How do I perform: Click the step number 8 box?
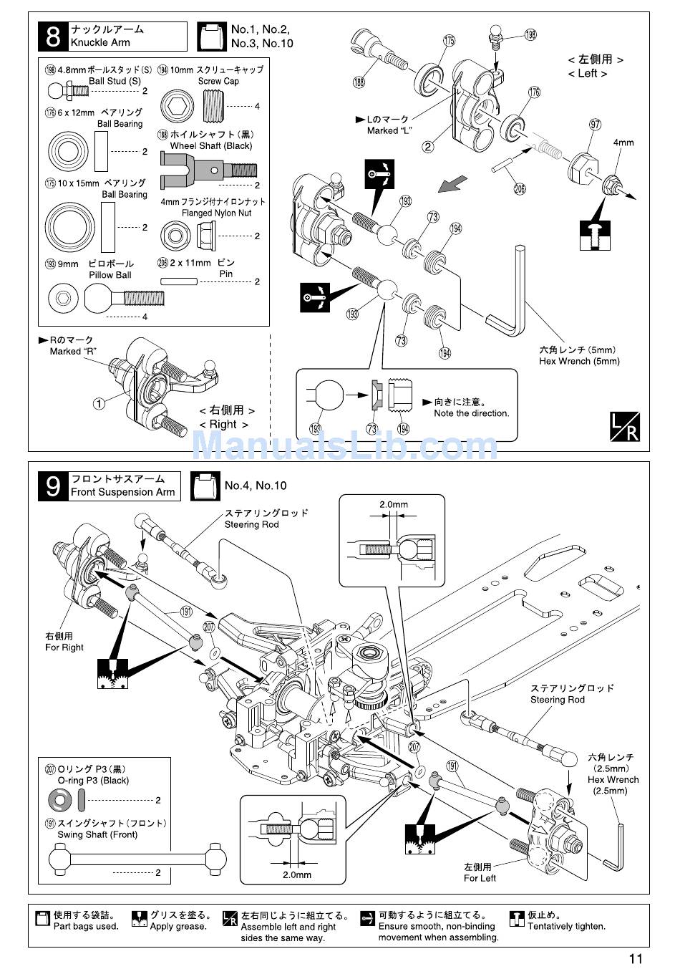coord(53,37)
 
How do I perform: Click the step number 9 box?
coord(53,486)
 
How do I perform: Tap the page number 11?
coord(636,959)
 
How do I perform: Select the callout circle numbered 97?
coord(596,125)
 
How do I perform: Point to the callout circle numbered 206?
coord(520,188)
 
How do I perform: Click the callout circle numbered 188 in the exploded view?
coord(359,82)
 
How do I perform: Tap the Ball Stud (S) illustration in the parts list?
coord(68,91)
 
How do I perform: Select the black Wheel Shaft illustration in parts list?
coord(208,170)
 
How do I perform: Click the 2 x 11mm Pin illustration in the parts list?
coord(178,281)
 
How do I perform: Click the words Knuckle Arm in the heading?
coord(100,42)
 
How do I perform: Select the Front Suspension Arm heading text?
coord(123,492)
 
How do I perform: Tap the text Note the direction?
coord(472,413)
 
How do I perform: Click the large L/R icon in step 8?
coord(625,427)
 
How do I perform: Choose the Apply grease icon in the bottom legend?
coord(139,919)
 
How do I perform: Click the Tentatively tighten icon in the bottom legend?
coord(517,919)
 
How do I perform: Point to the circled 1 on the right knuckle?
coord(99,404)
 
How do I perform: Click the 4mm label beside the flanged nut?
coord(623,143)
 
